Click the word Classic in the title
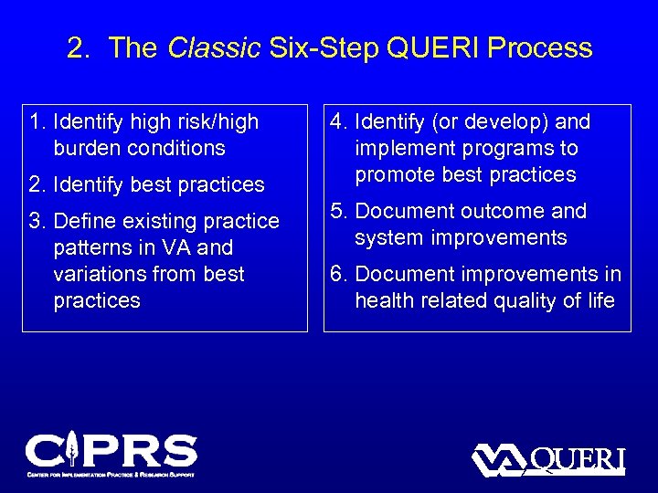pyautogui.click(x=214, y=48)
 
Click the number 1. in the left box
pyautogui.click(x=38, y=121)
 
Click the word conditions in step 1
pyautogui.click(x=176, y=148)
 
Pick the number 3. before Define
pyautogui.click(x=38, y=221)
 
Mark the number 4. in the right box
pyautogui.click(x=339, y=121)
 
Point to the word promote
pyautogui.click(x=390, y=174)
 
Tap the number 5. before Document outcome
pyautogui.click(x=339, y=211)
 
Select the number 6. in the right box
pyautogui.click(x=339, y=274)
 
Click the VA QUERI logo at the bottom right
pyautogui.click(x=547, y=459)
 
